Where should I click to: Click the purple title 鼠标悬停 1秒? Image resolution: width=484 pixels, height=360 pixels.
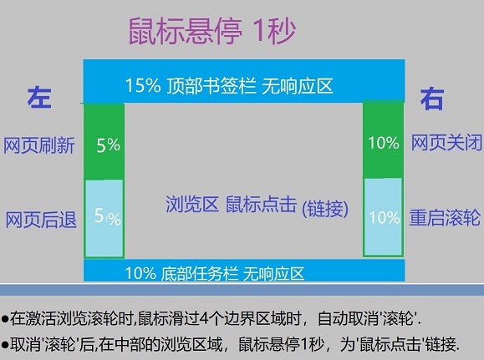(211, 32)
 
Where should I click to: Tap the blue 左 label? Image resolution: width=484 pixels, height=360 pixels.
(40, 98)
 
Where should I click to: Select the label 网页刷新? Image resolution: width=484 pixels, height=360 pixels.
(39, 145)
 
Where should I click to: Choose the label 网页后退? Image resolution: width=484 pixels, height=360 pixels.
(41, 220)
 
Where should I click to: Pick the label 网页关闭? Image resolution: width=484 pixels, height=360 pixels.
(446, 142)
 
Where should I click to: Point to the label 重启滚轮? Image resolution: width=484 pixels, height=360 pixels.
(446, 217)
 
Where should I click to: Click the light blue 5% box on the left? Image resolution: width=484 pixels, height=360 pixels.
(104, 218)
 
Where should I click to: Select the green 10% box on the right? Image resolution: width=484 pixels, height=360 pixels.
(384, 142)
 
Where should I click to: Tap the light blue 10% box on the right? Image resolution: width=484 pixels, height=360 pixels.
(384, 218)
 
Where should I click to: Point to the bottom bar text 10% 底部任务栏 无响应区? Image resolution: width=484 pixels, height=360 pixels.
(214, 272)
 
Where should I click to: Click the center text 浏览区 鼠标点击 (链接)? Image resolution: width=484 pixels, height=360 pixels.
(256, 205)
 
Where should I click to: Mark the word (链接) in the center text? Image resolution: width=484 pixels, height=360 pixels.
(324, 205)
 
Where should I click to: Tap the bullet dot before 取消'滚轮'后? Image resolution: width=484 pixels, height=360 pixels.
(5, 343)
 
